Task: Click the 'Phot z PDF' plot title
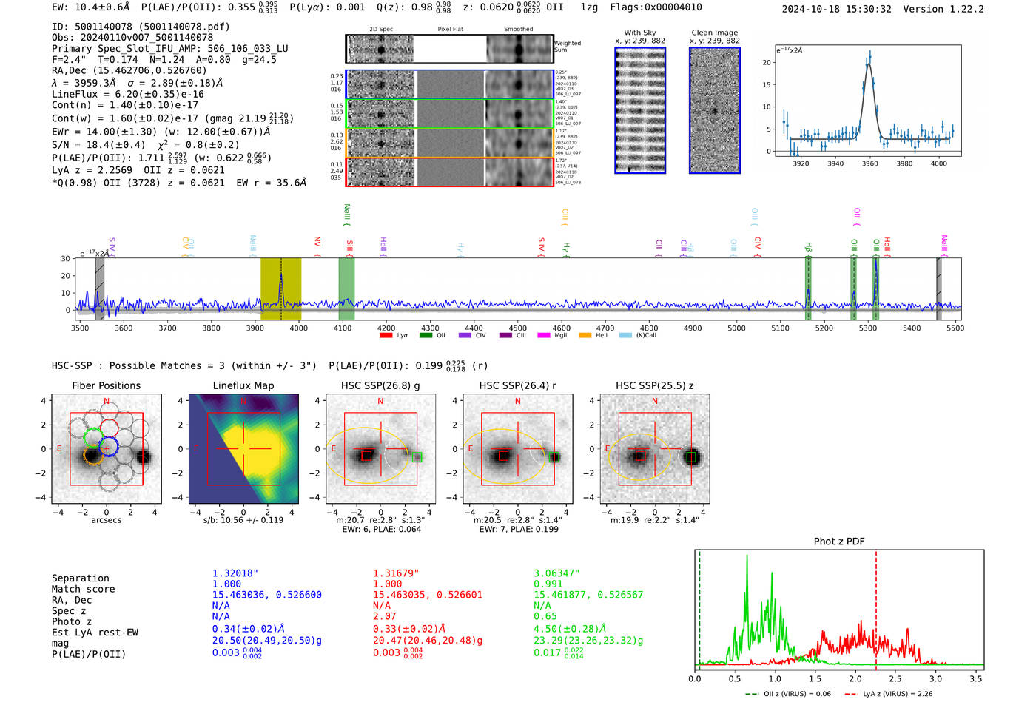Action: (x=839, y=542)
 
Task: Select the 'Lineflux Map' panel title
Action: (x=243, y=385)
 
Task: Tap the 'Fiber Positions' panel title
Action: (x=106, y=385)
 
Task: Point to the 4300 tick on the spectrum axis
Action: (x=430, y=328)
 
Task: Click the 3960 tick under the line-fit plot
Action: (x=869, y=163)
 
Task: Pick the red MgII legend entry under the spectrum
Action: (x=554, y=335)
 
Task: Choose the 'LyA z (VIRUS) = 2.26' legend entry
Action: (x=888, y=694)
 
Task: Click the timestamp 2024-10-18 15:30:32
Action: (x=836, y=9)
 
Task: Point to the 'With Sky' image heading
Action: (x=639, y=33)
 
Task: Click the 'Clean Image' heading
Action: (x=714, y=33)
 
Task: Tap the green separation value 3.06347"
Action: (x=556, y=573)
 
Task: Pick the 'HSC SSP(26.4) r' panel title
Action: (x=517, y=385)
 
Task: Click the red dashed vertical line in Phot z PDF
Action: (x=875, y=607)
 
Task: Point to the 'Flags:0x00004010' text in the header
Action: (x=656, y=7)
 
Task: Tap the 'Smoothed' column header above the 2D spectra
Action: (x=518, y=30)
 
